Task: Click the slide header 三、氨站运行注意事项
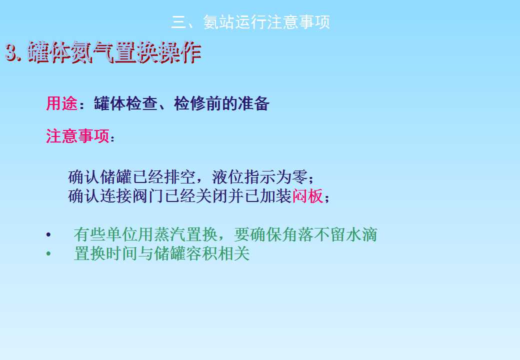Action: click(250, 22)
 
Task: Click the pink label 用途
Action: click(61, 103)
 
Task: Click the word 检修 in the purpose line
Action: click(189, 103)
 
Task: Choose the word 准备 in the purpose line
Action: click(253, 103)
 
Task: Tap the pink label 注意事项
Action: click(77, 136)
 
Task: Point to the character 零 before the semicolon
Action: click(300, 176)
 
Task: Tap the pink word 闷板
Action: click(307, 196)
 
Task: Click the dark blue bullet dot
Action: click(49, 234)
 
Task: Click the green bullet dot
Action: click(49, 254)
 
